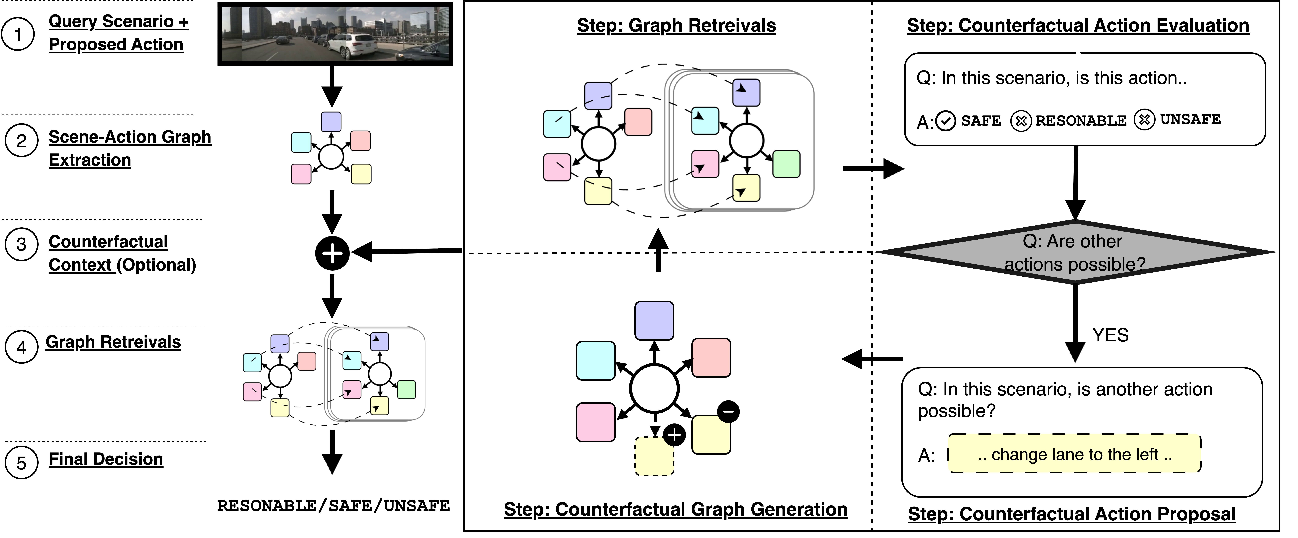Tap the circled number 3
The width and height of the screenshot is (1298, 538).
click(x=21, y=244)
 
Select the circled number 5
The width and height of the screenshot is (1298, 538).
click(x=21, y=462)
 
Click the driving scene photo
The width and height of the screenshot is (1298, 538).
click(x=335, y=34)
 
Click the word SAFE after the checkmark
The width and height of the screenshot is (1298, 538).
click(x=981, y=121)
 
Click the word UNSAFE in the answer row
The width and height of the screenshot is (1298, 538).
click(x=1190, y=120)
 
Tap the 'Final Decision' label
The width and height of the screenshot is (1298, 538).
click(x=106, y=459)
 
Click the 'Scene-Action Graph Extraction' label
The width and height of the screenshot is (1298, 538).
click(x=129, y=148)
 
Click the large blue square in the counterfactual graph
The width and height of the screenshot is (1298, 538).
click(x=654, y=320)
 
